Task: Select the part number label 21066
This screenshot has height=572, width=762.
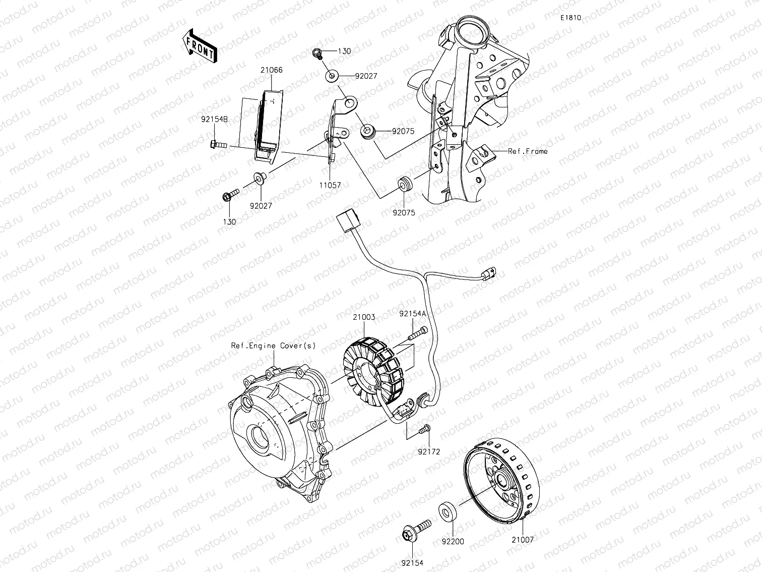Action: (x=271, y=70)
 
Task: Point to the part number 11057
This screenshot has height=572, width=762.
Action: (x=330, y=185)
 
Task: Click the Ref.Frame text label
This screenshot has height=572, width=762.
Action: (x=527, y=151)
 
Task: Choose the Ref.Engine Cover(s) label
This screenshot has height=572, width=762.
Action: (x=273, y=346)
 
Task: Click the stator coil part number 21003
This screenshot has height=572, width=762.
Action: (x=363, y=317)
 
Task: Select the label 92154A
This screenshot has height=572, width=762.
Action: (x=413, y=313)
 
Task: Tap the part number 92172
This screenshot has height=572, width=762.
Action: (x=428, y=451)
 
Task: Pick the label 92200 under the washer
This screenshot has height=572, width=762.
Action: (x=453, y=541)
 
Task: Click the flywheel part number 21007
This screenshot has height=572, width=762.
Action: (x=523, y=539)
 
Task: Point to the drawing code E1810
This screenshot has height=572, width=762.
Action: (x=570, y=18)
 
